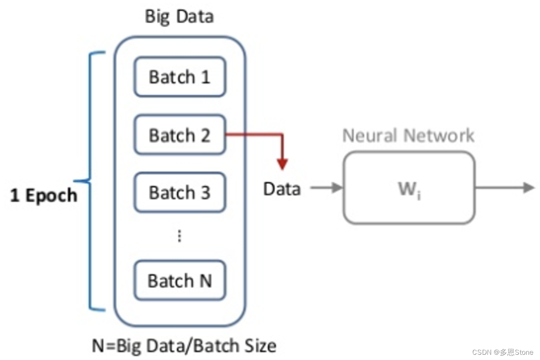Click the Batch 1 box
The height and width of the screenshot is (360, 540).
click(180, 77)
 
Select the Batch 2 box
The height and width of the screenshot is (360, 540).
click(180, 135)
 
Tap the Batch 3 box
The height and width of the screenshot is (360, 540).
click(180, 192)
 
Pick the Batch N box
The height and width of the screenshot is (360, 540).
click(180, 280)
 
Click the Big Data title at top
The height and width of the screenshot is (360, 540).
click(180, 17)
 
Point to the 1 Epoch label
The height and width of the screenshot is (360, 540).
click(44, 195)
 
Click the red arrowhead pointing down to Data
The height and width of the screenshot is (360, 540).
click(282, 164)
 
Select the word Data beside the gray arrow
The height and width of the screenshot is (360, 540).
click(282, 189)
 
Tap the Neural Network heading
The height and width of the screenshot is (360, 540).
click(408, 135)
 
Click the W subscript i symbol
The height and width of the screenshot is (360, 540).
click(409, 190)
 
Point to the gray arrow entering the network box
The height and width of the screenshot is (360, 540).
click(326, 187)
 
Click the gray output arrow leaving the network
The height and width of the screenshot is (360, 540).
click(505, 187)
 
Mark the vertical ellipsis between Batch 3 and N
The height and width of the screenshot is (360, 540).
click(180, 236)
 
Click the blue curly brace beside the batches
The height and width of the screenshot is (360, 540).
click(90, 181)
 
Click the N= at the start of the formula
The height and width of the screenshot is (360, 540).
click(104, 346)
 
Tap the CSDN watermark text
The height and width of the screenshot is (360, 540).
click(502, 352)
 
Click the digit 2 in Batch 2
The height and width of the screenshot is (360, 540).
click(206, 135)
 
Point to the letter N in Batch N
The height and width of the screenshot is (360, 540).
click(206, 281)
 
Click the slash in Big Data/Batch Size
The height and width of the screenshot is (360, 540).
click(189, 346)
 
